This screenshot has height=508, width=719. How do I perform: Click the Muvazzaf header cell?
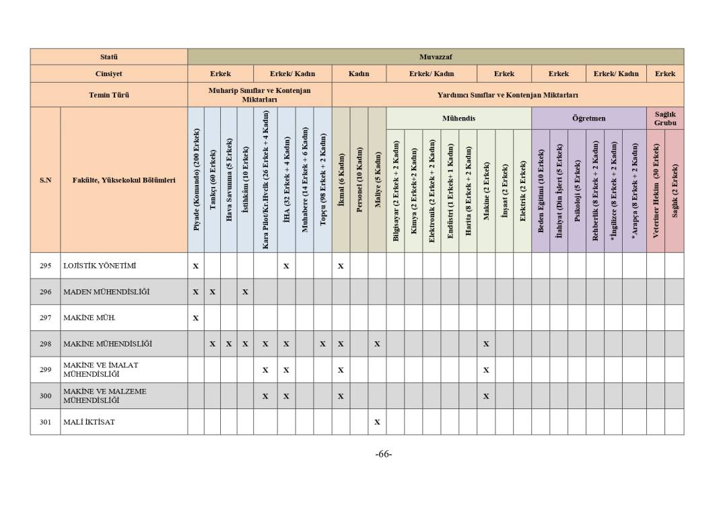coord(435,57)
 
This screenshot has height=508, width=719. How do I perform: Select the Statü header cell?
coord(108,57)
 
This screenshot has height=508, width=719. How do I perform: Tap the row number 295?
coord(45,266)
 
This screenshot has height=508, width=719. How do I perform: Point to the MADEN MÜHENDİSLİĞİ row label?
coord(106,292)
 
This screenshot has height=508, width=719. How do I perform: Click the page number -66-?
coord(384,454)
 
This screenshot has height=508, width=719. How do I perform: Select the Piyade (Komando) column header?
coord(196,180)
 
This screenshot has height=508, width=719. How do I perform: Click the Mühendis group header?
coord(458,118)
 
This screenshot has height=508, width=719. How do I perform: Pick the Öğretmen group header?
coord(588,118)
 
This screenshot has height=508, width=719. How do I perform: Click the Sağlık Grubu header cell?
coord(664,118)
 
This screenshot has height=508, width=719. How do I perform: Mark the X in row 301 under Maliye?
coord(377,422)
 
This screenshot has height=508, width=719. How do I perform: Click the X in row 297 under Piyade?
coord(196,318)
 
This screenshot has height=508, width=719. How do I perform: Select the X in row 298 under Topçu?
coord(322,344)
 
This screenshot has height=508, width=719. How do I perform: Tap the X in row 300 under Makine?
coord(486,396)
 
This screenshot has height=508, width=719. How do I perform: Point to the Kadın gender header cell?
coord(359,74)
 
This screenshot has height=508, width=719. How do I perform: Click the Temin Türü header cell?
coord(108,95)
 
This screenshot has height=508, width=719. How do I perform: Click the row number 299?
coord(45,369)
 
